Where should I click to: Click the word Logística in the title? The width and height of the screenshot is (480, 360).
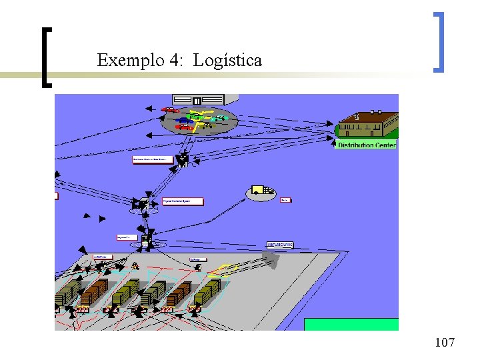(227, 61)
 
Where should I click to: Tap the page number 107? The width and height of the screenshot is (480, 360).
(444, 343)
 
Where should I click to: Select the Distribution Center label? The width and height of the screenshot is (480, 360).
(366, 145)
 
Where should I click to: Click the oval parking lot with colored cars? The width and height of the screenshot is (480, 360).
(194, 121)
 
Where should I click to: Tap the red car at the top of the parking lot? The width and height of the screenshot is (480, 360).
(171, 110)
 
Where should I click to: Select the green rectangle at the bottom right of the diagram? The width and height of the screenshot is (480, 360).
(351, 324)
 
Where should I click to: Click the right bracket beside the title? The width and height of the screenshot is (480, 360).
(438, 41)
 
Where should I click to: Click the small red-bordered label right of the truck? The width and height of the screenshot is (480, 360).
(285, 199)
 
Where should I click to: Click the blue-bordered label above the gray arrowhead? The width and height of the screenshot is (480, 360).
(279, 245)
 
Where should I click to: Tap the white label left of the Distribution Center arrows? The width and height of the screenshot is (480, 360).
(153, 159)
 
